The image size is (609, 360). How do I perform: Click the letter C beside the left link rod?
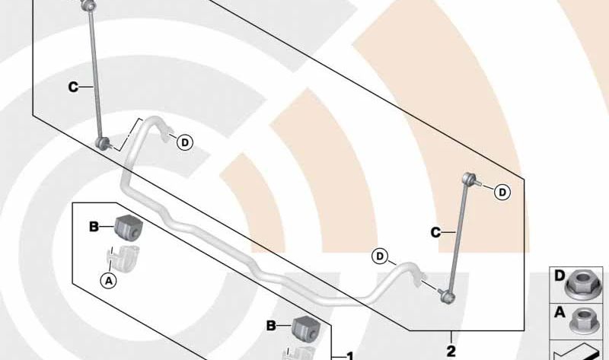[x=73, y=88]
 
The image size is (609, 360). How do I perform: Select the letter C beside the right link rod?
[x=436, y=232]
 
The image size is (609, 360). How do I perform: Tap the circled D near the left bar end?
[x=184, y=142]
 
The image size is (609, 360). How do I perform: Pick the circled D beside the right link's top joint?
[x=502, y=193]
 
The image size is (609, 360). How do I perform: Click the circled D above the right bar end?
[x=380, y=256]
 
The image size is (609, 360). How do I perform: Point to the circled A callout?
[x=109, y=280]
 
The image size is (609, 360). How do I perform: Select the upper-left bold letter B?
[x=94, y=226]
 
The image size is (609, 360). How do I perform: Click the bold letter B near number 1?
[x=271, y=325]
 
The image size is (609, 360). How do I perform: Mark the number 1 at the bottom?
[x=349, y=355]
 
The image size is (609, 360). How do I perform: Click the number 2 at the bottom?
[x=451, y=351]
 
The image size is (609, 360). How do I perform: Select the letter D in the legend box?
[x=560, y=274]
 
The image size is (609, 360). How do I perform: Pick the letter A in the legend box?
[x=560, y=311]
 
